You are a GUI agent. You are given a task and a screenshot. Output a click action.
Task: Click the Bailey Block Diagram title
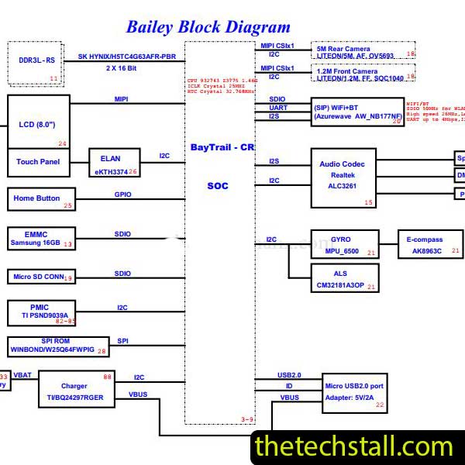(x=208, y=27)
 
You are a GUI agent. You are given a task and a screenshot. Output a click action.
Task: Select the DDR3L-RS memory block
(x=36, y=61)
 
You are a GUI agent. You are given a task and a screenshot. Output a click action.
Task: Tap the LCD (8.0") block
(x=38, y=122)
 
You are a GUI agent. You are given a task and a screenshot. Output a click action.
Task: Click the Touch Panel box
(x=38, y=162)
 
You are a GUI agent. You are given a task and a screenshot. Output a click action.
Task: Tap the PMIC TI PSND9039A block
(x=43, y=312)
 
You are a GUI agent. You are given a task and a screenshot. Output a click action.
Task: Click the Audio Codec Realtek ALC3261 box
(x=343, y=177)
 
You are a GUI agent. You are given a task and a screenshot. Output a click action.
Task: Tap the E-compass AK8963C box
(x=429, y=246)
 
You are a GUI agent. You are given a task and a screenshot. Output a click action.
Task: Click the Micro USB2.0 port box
(x=354, y=392)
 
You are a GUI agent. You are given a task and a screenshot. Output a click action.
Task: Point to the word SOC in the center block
(x=218, y=185)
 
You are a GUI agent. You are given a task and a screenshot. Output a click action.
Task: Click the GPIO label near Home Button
(x=122, y=195)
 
